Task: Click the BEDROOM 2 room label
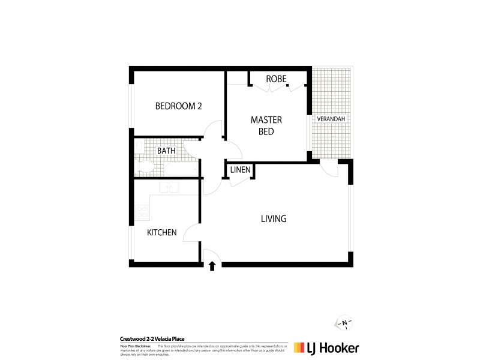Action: pyautogui.click(x=178, y=106)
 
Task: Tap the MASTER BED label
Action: pyautogui.click(x=266, y=125)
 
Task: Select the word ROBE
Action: pyautogui.click(x=276, y=79)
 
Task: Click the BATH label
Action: pyautogui.click(x=166, y=151)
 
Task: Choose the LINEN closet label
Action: pyautogui.click(x=240, y=170)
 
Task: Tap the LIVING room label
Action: pyautogui.click(x=273, y=219)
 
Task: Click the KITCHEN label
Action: pyautogui.click(x=162, y=232)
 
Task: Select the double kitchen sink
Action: pyautogui.click(x=170, y=188)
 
